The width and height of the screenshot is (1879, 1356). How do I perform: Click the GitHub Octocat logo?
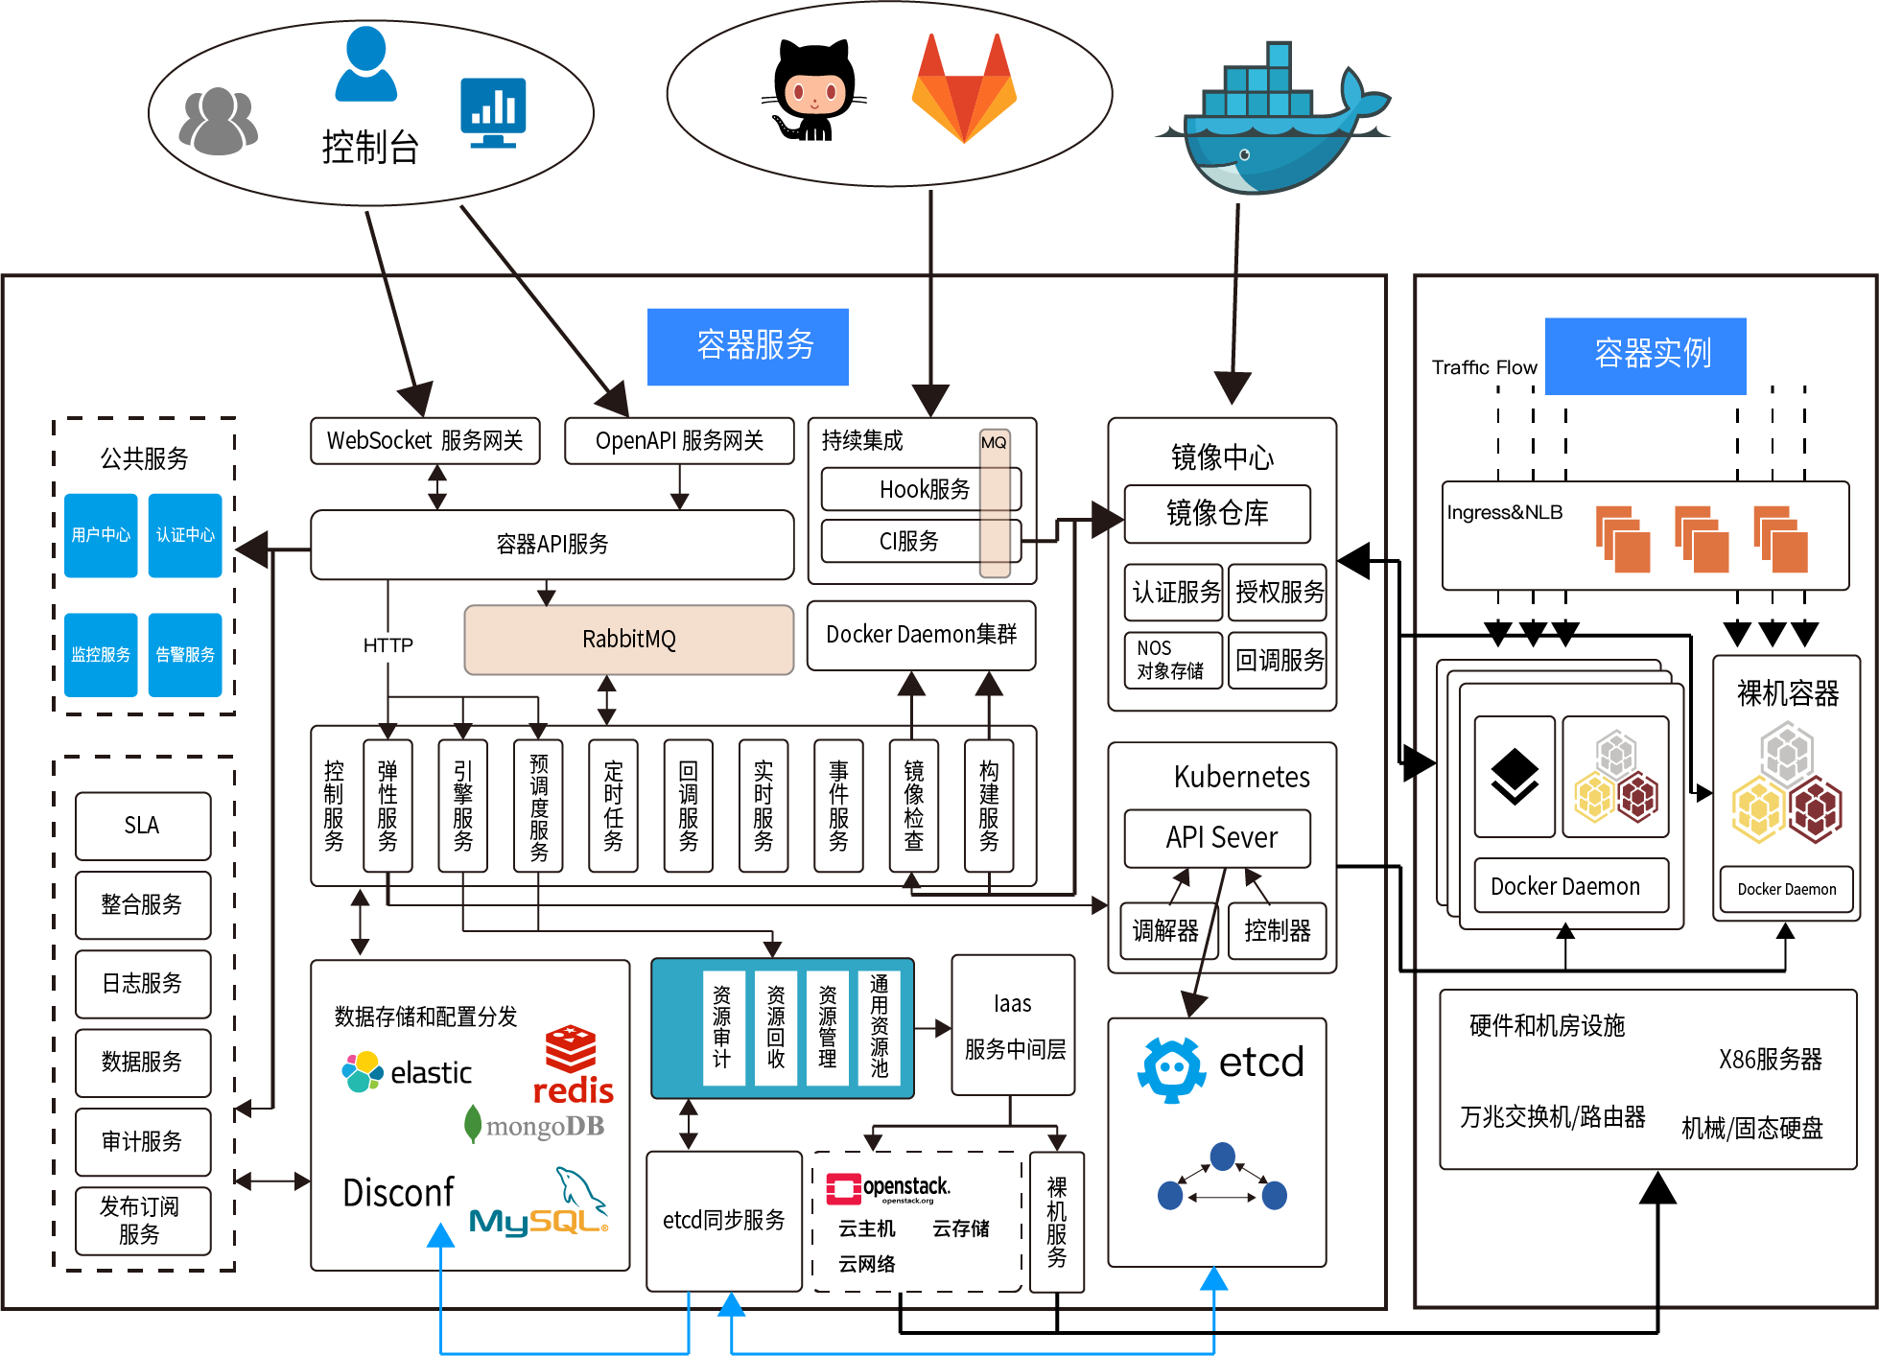pyautogui.click(x=815, y=92)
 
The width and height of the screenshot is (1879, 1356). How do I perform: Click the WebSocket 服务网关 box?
pyautogui.click(x=425, y=441)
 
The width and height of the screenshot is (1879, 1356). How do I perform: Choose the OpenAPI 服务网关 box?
pyautogui.click(x=679, y=441)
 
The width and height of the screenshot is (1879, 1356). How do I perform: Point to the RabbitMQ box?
pyautogui.click(x=628, y=640)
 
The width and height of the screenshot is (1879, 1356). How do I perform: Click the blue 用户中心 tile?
pyautogui.click(x=101, y=535)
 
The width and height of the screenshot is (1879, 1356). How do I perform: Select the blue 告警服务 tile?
pyautogui.click(x=185, y=654)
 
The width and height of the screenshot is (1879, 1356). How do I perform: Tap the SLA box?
pyautogui.click(x=142, y=826)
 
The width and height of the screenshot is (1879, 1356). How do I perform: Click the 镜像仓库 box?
pyautogui.click(x=1217, y=514)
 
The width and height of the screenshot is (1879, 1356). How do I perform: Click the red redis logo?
pyautogui.click(x=573, y=1065)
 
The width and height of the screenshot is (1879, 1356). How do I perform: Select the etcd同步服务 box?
pyautogui.click(x=724, y=1221)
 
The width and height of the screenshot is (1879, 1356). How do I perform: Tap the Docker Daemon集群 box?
pyautogui.click(x=921, y=635)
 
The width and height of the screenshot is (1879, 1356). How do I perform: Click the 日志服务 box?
pyautogui.click(x=142, y=984)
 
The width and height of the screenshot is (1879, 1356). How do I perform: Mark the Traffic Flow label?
pyautogui.click(x=1484, y=368)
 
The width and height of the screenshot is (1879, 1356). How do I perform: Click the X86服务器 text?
pyautogui.click(x=1770, y=1060)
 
